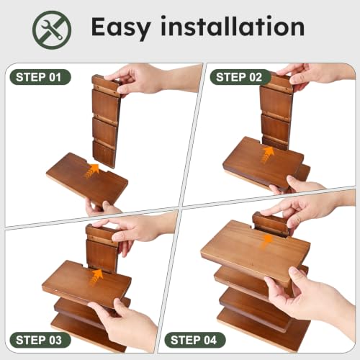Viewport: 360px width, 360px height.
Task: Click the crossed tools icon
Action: click(x=52, y=30)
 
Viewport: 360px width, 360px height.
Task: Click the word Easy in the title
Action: click(x=121, y=28)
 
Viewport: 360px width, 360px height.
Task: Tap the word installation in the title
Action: click(x=233, y=26)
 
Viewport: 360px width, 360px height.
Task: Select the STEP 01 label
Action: click(x=40, y=77)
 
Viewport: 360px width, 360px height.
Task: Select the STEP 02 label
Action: click(x=240, y=77)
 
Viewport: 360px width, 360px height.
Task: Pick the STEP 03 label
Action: click(x=40, y=340)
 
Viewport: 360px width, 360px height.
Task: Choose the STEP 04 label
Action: click(x=195, y=340)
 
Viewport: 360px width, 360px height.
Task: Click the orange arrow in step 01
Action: click(x=91, y=171)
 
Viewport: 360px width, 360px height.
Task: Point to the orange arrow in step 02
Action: click(x=267, y=155)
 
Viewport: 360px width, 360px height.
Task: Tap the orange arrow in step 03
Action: click(x=96, y=276)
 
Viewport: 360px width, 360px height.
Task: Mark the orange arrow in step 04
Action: click(x=266, y=242)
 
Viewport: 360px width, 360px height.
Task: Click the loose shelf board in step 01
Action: click(x=87, y=179)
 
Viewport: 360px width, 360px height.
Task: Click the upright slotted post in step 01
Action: click(x=106, y=121)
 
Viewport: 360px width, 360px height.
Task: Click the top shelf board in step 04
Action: click(x=255, y=251)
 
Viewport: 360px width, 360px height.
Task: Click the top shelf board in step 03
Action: click(x=86, y=284)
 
